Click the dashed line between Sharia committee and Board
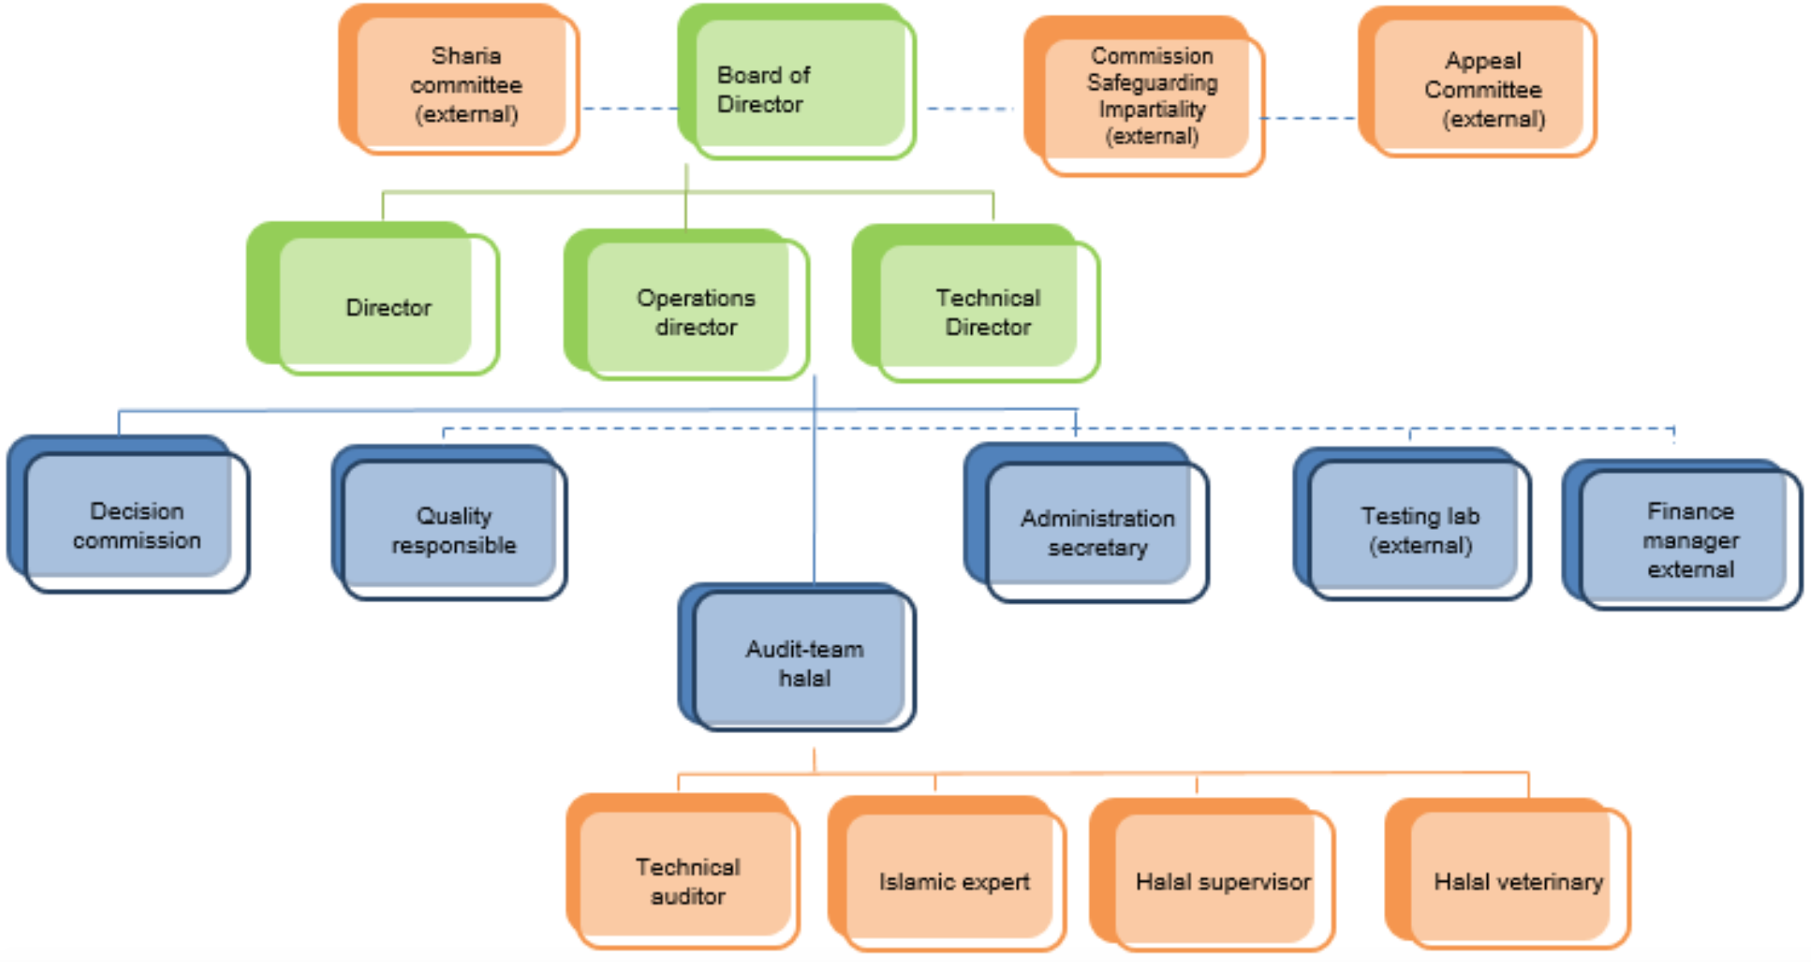630,109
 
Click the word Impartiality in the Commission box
1152,109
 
